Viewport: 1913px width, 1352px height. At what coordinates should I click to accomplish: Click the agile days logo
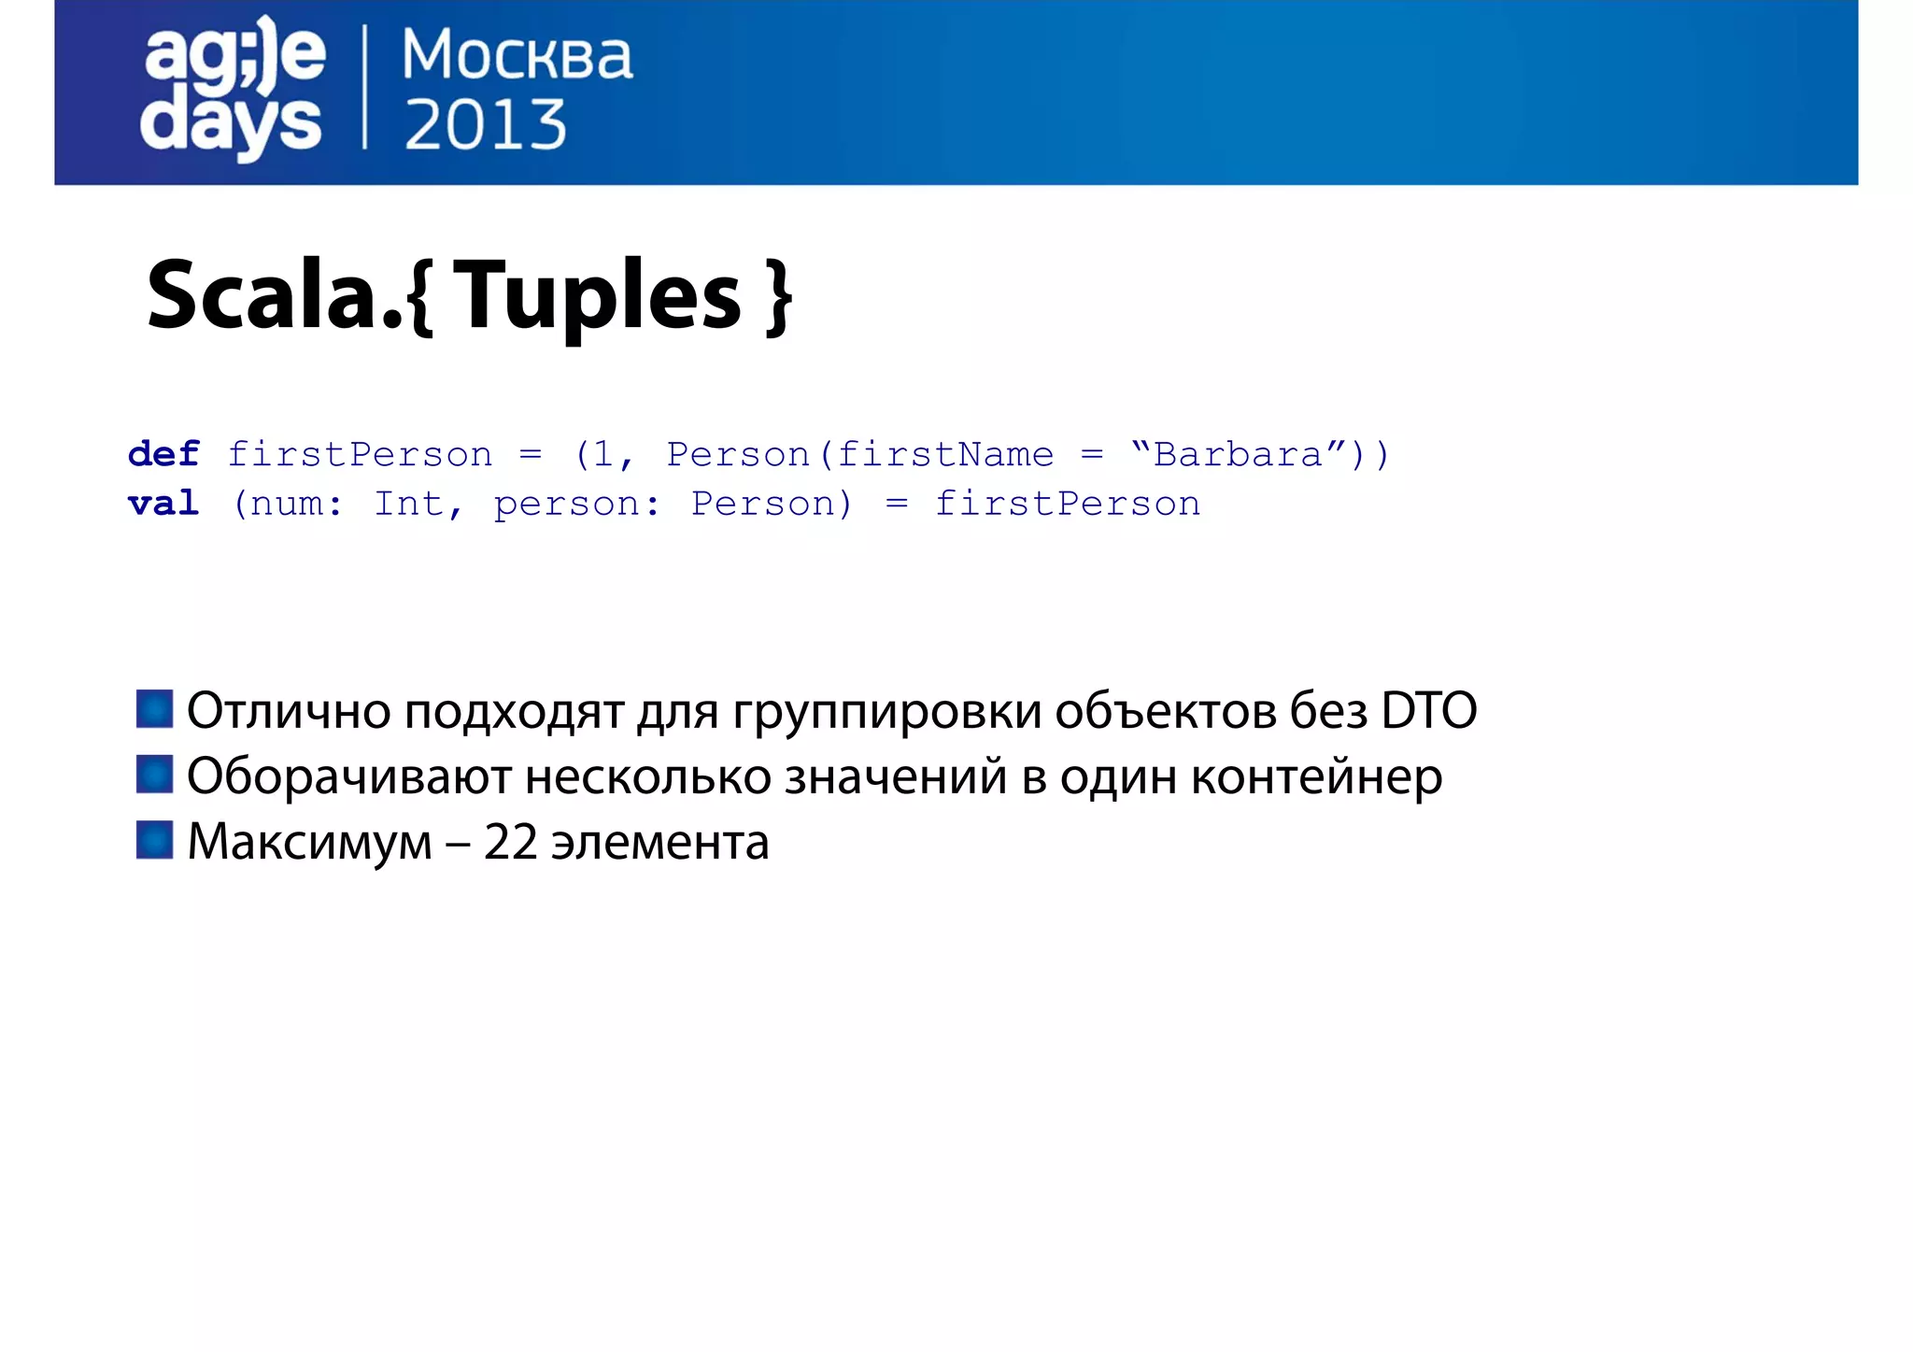pyautogui.click(x=233, y=89)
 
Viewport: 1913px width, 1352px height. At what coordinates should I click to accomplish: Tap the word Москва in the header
pyautogui.click(x=517, y=55)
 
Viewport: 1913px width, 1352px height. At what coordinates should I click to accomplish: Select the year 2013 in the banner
pyautogui.click(x=485, y=125)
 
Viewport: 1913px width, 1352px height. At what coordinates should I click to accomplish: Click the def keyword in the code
pyautogui.click(x=163, y=454)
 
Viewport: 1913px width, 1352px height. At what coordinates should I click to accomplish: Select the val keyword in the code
pyautogui.click(x=163, y=504)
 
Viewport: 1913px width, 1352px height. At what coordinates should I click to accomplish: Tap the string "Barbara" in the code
pyautogui.click(x=1237, y=454)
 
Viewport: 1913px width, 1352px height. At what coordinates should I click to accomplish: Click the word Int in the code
pyautogui.click(x=408, y=504)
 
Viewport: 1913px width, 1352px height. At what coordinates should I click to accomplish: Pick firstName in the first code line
pyautogui.click(x=944, y=454)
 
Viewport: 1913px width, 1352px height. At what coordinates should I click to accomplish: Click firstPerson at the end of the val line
pyautogui.click(x=1067, y=504)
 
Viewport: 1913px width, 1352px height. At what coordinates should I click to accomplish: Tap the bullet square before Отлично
pyautogui.click(x=154, y=708)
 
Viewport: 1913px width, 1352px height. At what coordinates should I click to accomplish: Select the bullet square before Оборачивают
pyautogui.click(x=154, y=774)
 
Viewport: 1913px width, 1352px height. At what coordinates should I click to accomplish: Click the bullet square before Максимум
pyautogui.click(x=154, y=839)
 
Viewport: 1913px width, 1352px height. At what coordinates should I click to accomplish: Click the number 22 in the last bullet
pyautogui.click(x=510, y=842)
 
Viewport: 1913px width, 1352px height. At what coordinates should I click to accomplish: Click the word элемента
pyautogui.click(x=659, y=843)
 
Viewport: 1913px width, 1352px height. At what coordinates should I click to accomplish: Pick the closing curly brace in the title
pyautogui.click(x=777, y=298)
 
